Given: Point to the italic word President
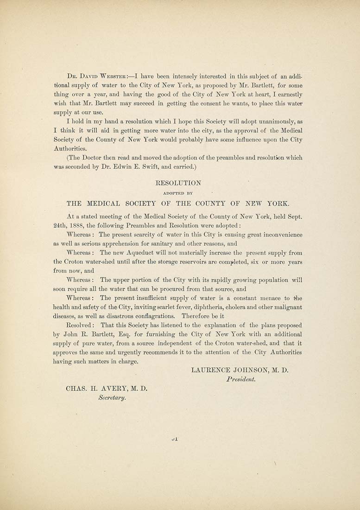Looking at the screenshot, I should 241,379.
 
